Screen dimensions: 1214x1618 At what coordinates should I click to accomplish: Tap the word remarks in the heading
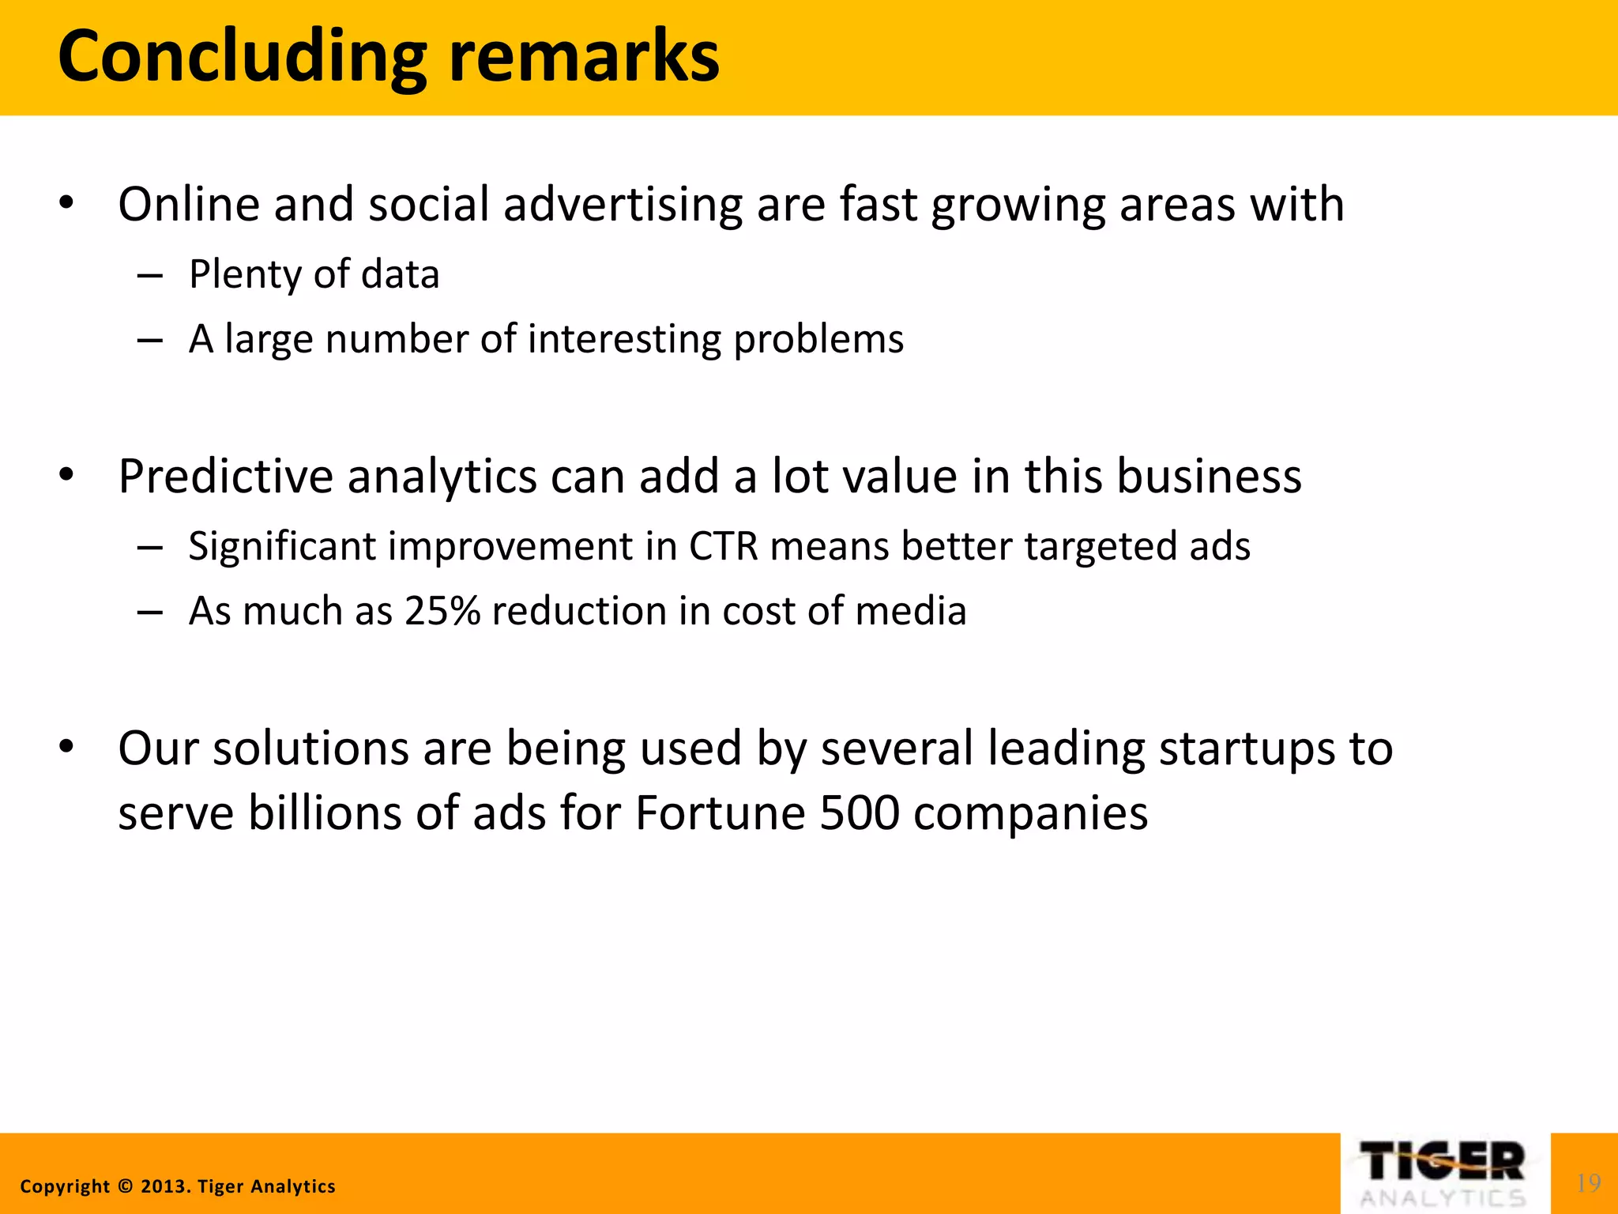(x=584, y=57)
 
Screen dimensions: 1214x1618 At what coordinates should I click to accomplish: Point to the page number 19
(x=1588, y=1183)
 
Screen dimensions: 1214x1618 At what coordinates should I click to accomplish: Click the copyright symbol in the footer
(x=125, y=1186)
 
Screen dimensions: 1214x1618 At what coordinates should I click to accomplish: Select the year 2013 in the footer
(x=164, y=1186)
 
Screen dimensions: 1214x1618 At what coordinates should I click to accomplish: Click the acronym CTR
(x=724, y=546)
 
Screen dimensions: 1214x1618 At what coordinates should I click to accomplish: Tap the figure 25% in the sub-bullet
(x=442, y=611)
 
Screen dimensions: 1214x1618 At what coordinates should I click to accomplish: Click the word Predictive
(x=225, y=477)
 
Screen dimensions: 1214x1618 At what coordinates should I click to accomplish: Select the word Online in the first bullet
(x=189, y=204)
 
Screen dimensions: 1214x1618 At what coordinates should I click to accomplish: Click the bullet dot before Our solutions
(x=66, y=746)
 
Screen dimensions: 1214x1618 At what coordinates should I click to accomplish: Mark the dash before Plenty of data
(x=149, y=276)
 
